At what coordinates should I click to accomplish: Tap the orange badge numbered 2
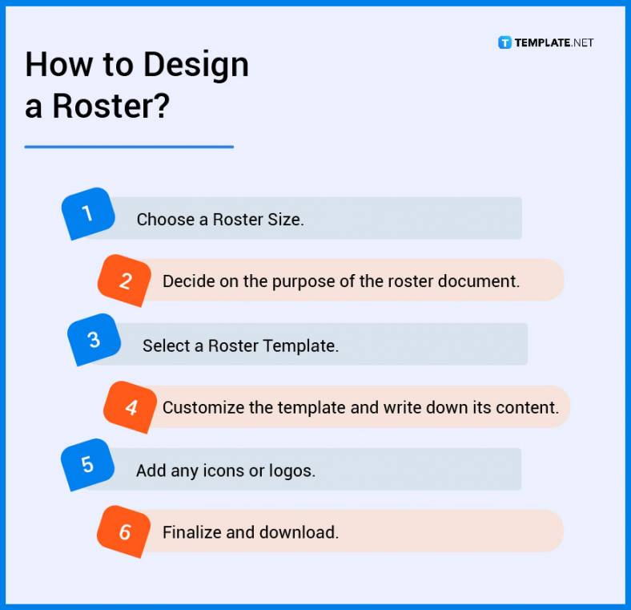[x=124, y=281]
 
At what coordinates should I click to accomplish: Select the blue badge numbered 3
[x=94, y=339]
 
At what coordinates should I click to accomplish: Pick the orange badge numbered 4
[x=131, y=408]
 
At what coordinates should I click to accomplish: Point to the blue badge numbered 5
[x=87, y=465]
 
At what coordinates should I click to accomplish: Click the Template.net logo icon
[x=504, y=42]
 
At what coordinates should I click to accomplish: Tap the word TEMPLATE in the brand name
[x=543, y=42]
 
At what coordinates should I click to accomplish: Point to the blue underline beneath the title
[x=129, y=147]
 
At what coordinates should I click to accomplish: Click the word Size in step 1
[x=284, y=219]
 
